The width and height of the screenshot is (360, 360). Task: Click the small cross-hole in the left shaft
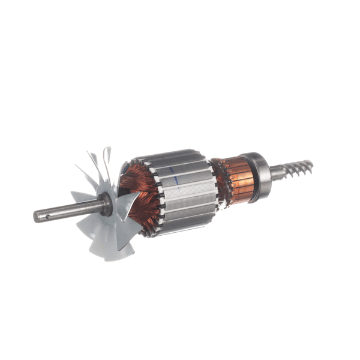(47, 213)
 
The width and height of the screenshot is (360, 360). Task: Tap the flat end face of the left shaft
(36, 217)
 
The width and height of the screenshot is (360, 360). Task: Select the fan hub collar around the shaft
(106, 204)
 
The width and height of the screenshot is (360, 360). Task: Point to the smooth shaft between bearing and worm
(278, 173)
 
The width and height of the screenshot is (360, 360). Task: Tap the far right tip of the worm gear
(312, 163)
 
